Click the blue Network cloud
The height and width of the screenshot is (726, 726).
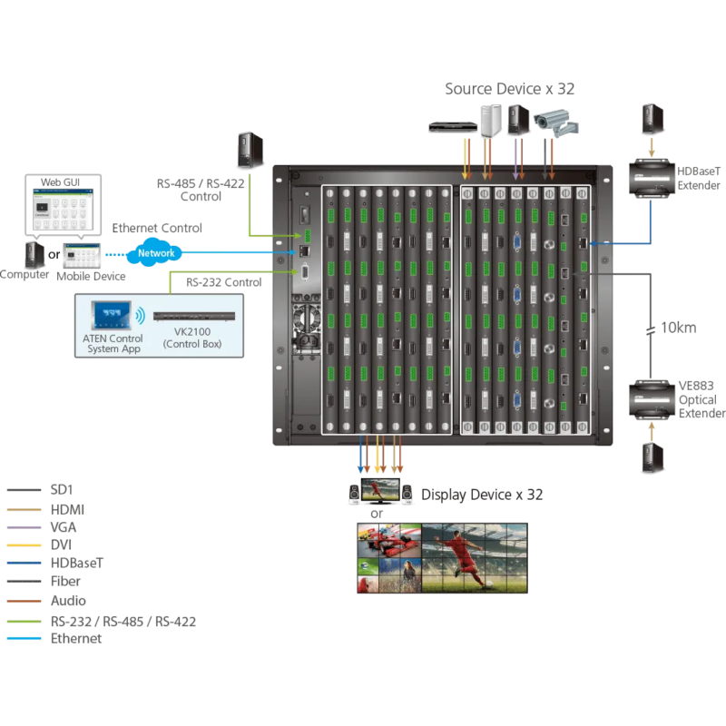click(155, 253)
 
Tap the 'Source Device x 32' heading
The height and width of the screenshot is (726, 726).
click(509, 89)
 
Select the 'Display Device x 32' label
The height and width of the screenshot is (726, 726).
click(481, 495)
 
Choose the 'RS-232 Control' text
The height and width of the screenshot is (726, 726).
click(224, 282)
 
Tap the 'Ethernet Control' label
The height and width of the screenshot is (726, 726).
click(157, 228)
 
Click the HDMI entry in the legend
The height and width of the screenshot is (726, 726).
click(68, 511)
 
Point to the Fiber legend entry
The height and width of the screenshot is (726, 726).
click(65, 582)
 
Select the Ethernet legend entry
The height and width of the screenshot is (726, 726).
click(76, 639)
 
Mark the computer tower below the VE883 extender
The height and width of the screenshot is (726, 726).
click(652, 456)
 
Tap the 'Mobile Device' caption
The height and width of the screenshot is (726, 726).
click(91, 276)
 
